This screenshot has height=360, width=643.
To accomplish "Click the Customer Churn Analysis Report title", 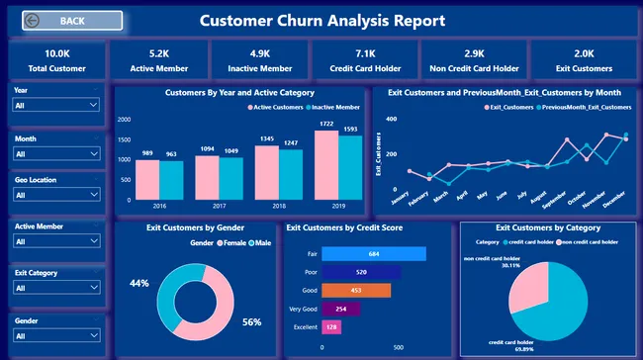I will pos(322,21).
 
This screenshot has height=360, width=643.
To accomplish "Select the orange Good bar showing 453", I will pos(355,290).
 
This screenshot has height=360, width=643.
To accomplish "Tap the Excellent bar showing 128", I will pos(330,325).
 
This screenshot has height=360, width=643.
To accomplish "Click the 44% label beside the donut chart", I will pos(138,284).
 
